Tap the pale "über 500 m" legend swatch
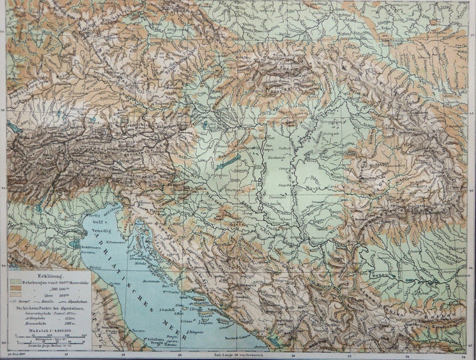tap(15, 295)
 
